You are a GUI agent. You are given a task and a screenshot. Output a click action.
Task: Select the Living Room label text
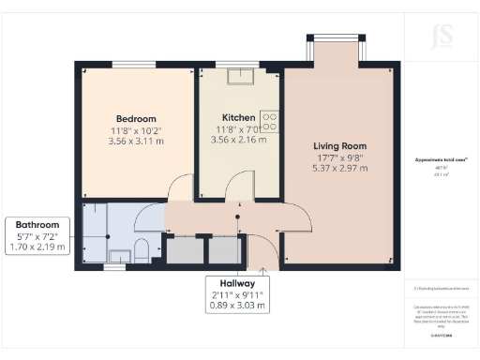[x=339, y=146]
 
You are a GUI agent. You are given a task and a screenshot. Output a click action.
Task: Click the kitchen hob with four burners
[x=269, y=119]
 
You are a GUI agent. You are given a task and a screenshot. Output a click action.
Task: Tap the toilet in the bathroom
[x=142, y=250]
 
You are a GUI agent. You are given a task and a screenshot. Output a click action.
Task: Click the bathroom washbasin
[x=119, y=254]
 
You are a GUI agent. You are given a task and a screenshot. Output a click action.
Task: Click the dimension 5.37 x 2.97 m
[x=339, y=169]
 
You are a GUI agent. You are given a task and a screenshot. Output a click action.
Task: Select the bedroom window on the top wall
[x=127, y=63]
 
